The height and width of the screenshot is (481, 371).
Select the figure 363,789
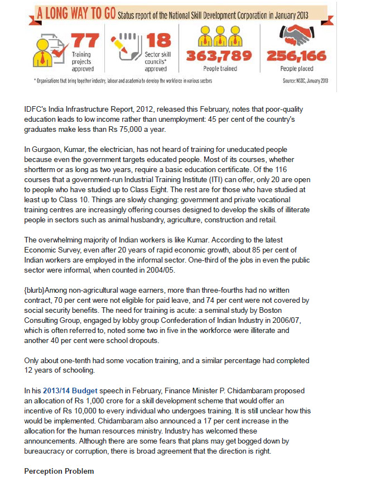(220, 56)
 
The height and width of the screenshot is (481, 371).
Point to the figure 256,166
(297, 56)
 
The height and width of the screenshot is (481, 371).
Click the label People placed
(296, 69)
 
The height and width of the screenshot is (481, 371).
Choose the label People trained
(220, 69)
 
